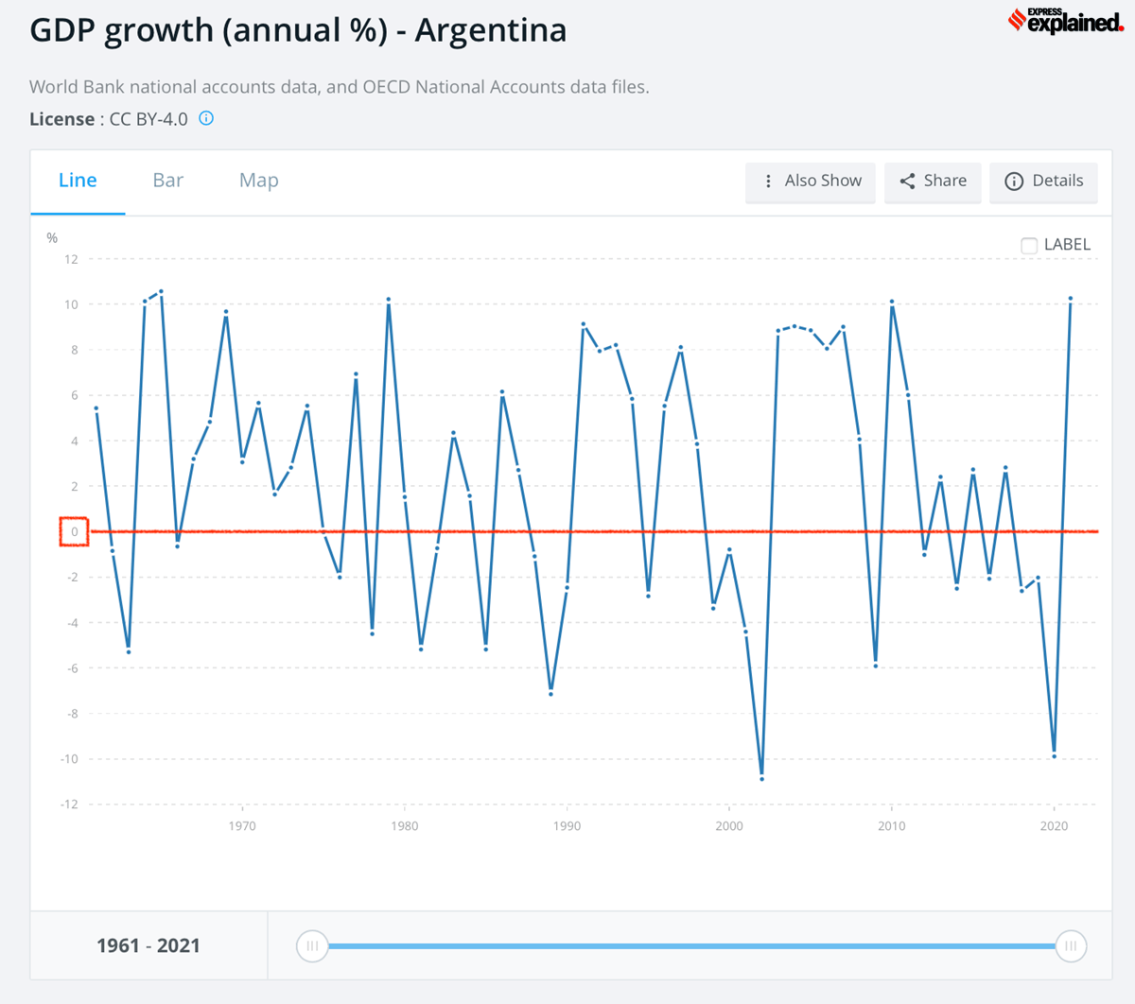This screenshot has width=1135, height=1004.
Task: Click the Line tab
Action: (x=78, y=181)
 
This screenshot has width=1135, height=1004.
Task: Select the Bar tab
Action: (x=167, y=181)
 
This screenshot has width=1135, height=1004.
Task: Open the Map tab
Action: (x=258, y=181)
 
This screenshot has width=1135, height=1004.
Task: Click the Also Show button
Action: (x=811, y=182)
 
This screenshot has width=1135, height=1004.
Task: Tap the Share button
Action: (x=933, y=182)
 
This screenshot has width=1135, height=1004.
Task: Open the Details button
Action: (x=1044, y=182)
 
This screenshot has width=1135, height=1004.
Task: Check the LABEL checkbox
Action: (x=1029, y=246)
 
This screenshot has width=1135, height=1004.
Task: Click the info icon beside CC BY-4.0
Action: (x=206, y=119)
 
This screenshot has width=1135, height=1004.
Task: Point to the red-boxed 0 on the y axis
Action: (x=74, y=532)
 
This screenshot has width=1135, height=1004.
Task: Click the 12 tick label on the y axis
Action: (x=71, y=259)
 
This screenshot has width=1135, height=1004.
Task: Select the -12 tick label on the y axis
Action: (x=69, y=805)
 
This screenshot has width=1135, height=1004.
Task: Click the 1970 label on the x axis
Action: (x=242, y=826)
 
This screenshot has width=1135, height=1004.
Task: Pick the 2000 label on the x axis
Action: (x=729, y=826)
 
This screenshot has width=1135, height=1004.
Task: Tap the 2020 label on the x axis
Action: (x=1054, y=826)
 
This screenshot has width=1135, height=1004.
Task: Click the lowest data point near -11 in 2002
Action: (x=761, y=779)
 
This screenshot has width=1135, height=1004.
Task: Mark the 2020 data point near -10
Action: (x=1054, y=756)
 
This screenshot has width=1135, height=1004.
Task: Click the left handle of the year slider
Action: (x=312, y=945)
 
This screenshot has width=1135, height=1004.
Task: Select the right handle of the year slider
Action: (x=1071, y=945)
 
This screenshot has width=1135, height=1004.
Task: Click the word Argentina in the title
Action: (x=491, y=30)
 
